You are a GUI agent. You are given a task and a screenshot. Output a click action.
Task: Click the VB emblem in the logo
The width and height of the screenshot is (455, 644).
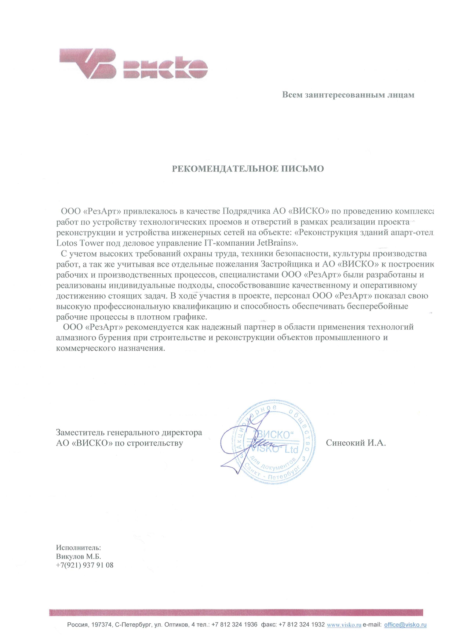[x=88, y=63]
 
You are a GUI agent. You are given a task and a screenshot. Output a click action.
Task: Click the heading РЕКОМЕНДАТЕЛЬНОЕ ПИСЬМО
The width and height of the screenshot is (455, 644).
[x=248, y=169]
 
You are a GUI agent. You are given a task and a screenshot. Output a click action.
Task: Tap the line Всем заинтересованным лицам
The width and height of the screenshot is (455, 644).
[x=348, y=95]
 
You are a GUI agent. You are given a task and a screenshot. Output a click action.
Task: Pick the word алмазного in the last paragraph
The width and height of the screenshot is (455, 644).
[x=75, y=337]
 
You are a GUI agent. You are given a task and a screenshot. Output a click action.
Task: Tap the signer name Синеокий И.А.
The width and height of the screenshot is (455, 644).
[x=356, y=443]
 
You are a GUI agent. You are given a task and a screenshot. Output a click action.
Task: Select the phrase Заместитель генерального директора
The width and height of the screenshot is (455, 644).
[x=129, y=433]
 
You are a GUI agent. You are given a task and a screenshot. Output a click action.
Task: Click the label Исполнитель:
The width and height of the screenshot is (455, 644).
[x=78, y=548]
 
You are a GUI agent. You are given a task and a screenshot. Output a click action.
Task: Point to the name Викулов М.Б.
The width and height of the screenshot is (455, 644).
[x=78, y=556]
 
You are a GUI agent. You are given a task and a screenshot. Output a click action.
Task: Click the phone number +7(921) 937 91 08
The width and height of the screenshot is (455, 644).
[x=84, y=565]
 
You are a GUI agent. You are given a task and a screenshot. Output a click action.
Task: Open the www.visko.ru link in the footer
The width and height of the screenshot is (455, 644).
[x=344, y=625]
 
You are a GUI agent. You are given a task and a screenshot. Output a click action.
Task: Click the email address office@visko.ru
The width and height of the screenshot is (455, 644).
[x=405, y=625]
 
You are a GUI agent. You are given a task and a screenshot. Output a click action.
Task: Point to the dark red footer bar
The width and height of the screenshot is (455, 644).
[x=236, y=612]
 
